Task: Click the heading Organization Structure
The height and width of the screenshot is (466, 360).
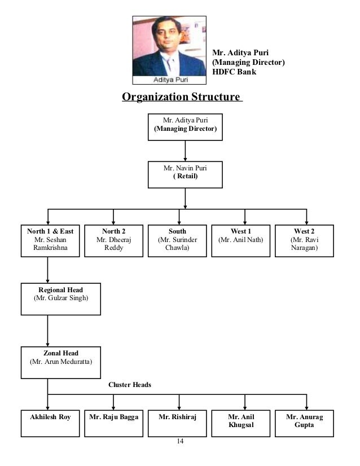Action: [x=182, y=97]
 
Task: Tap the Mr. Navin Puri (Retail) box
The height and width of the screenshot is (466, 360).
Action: [x=185, y=174]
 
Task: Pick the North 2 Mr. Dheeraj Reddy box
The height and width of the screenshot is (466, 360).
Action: [x=113, y=241]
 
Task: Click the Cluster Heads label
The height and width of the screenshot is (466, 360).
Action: [x=130, y=385]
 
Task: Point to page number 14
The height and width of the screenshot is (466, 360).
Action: [x=180, y=441]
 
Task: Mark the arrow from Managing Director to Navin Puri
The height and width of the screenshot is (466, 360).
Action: [x=185, y=150]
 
